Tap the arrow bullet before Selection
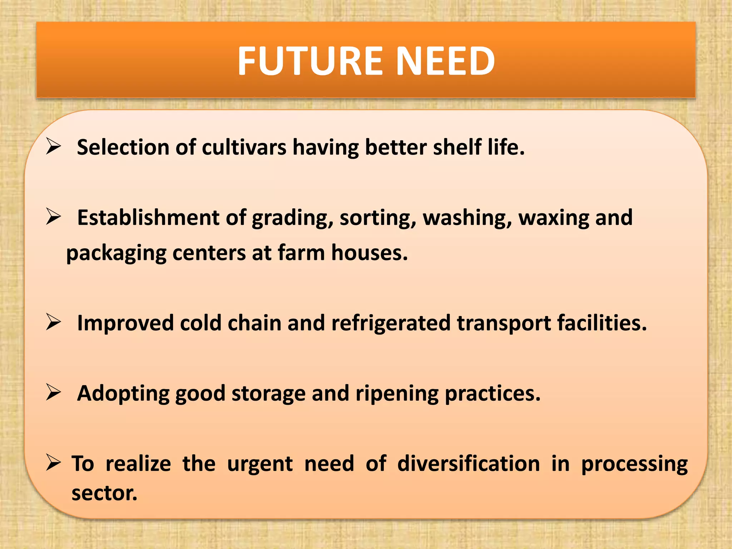pyautogui.click(x=54, y=147)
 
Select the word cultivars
pyautogui.click(x=244, y=147)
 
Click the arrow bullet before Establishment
pyautogui.click(x=54, y=217)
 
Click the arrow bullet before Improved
pyautogui.click(x=54, y=322)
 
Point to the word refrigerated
pyautogui.click(x=391, y=323)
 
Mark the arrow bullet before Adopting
pyautogui.click(x=54, y=393)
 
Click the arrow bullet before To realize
pyautogui.click(x=54, y=463)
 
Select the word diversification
pyautogui.click(x=469, y=464)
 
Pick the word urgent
pyautogui.click(x=260, y=464)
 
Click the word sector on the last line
pyautogui.click(x=104, y=493)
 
